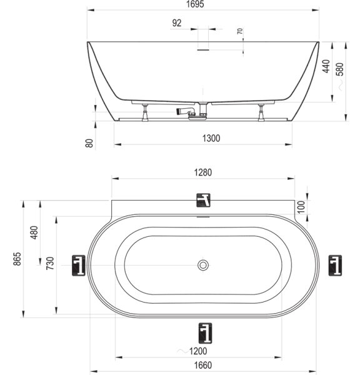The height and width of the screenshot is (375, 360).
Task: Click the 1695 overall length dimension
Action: click(195, 4)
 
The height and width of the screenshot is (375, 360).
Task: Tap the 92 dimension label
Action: click(177, 23)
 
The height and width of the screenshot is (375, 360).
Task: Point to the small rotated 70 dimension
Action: click(240, 31)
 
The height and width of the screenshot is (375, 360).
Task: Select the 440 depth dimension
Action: click(326, 66)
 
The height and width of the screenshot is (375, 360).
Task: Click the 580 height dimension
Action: click(339, 69)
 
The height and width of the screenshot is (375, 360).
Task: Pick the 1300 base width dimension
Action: click(211, 138)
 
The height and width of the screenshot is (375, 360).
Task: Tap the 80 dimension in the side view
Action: click(89, 143)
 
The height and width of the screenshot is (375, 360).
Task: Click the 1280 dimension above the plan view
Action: click(203, 172)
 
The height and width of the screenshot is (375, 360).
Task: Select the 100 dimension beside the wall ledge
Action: click(301, 207)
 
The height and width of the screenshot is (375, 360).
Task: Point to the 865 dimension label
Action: click(17, 259)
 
